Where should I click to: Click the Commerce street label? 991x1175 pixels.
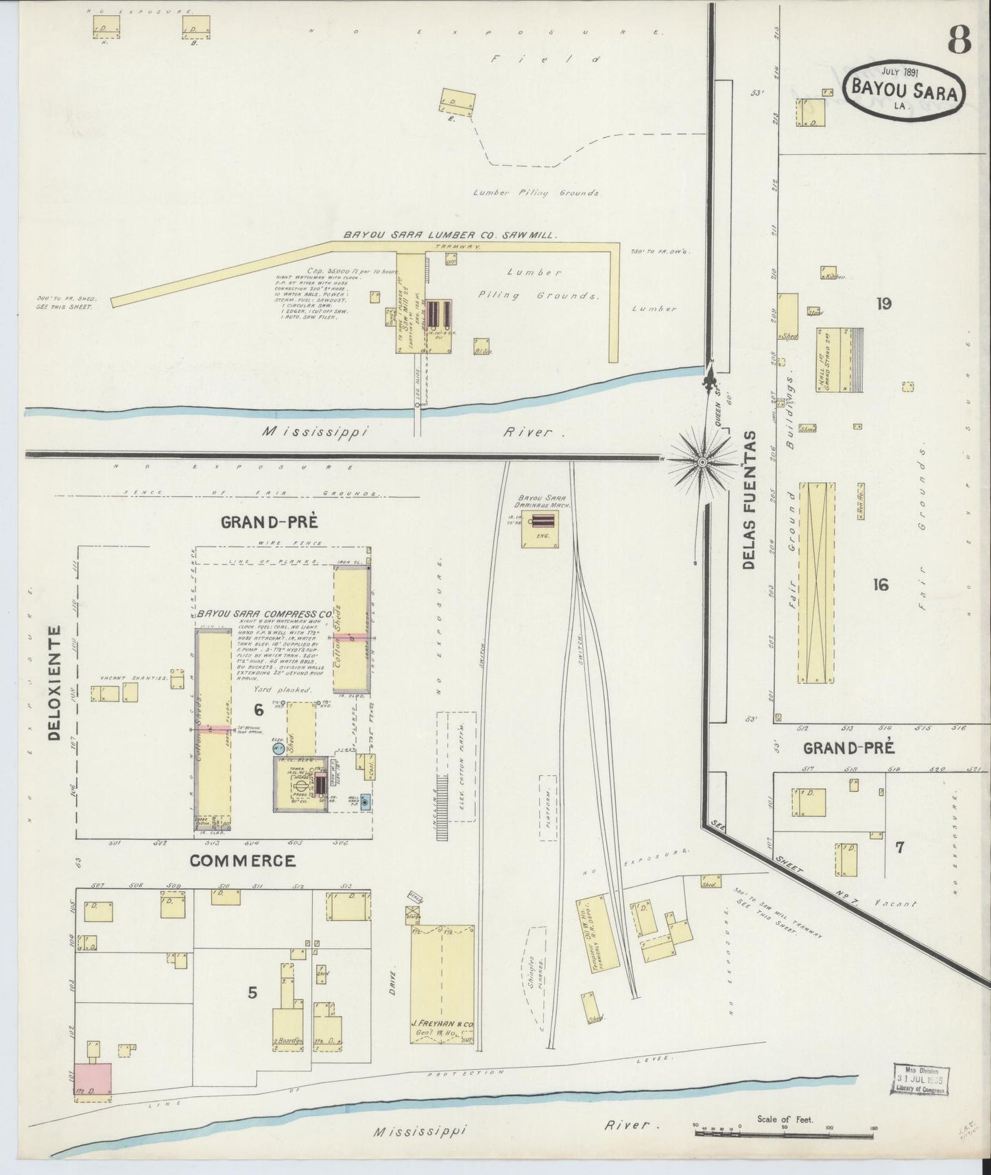pos(243,860)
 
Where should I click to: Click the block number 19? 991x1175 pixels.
pos(883,303)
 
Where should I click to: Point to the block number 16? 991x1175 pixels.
pos(881,584)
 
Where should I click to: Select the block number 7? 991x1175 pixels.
pos(899,848)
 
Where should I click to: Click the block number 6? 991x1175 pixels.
pos(259,709)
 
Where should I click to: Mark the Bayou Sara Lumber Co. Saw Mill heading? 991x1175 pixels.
pos(450,234)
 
